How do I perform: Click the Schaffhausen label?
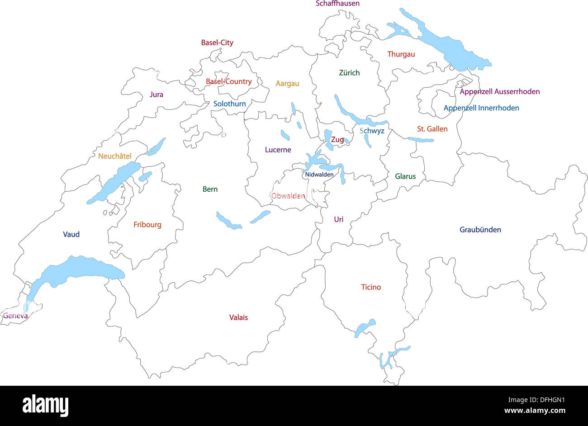(337, 4)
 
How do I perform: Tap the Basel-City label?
(217, 43)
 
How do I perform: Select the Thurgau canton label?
(401, 54)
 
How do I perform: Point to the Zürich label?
(349, 72)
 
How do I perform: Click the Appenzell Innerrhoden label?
(481, 108)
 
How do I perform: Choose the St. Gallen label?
(432, 129)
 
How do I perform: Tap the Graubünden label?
(480, 230)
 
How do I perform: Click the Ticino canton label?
(371, 287)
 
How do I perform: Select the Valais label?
(238, 317)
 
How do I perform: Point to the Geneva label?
(15, 316)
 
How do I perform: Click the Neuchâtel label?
(115, 156)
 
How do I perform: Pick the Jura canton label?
(156, 95)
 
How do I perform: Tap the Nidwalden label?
(319, 175)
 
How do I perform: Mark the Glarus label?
(405, 176)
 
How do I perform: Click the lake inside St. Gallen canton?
(421, 140)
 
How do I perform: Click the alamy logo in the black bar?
(45, 405)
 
